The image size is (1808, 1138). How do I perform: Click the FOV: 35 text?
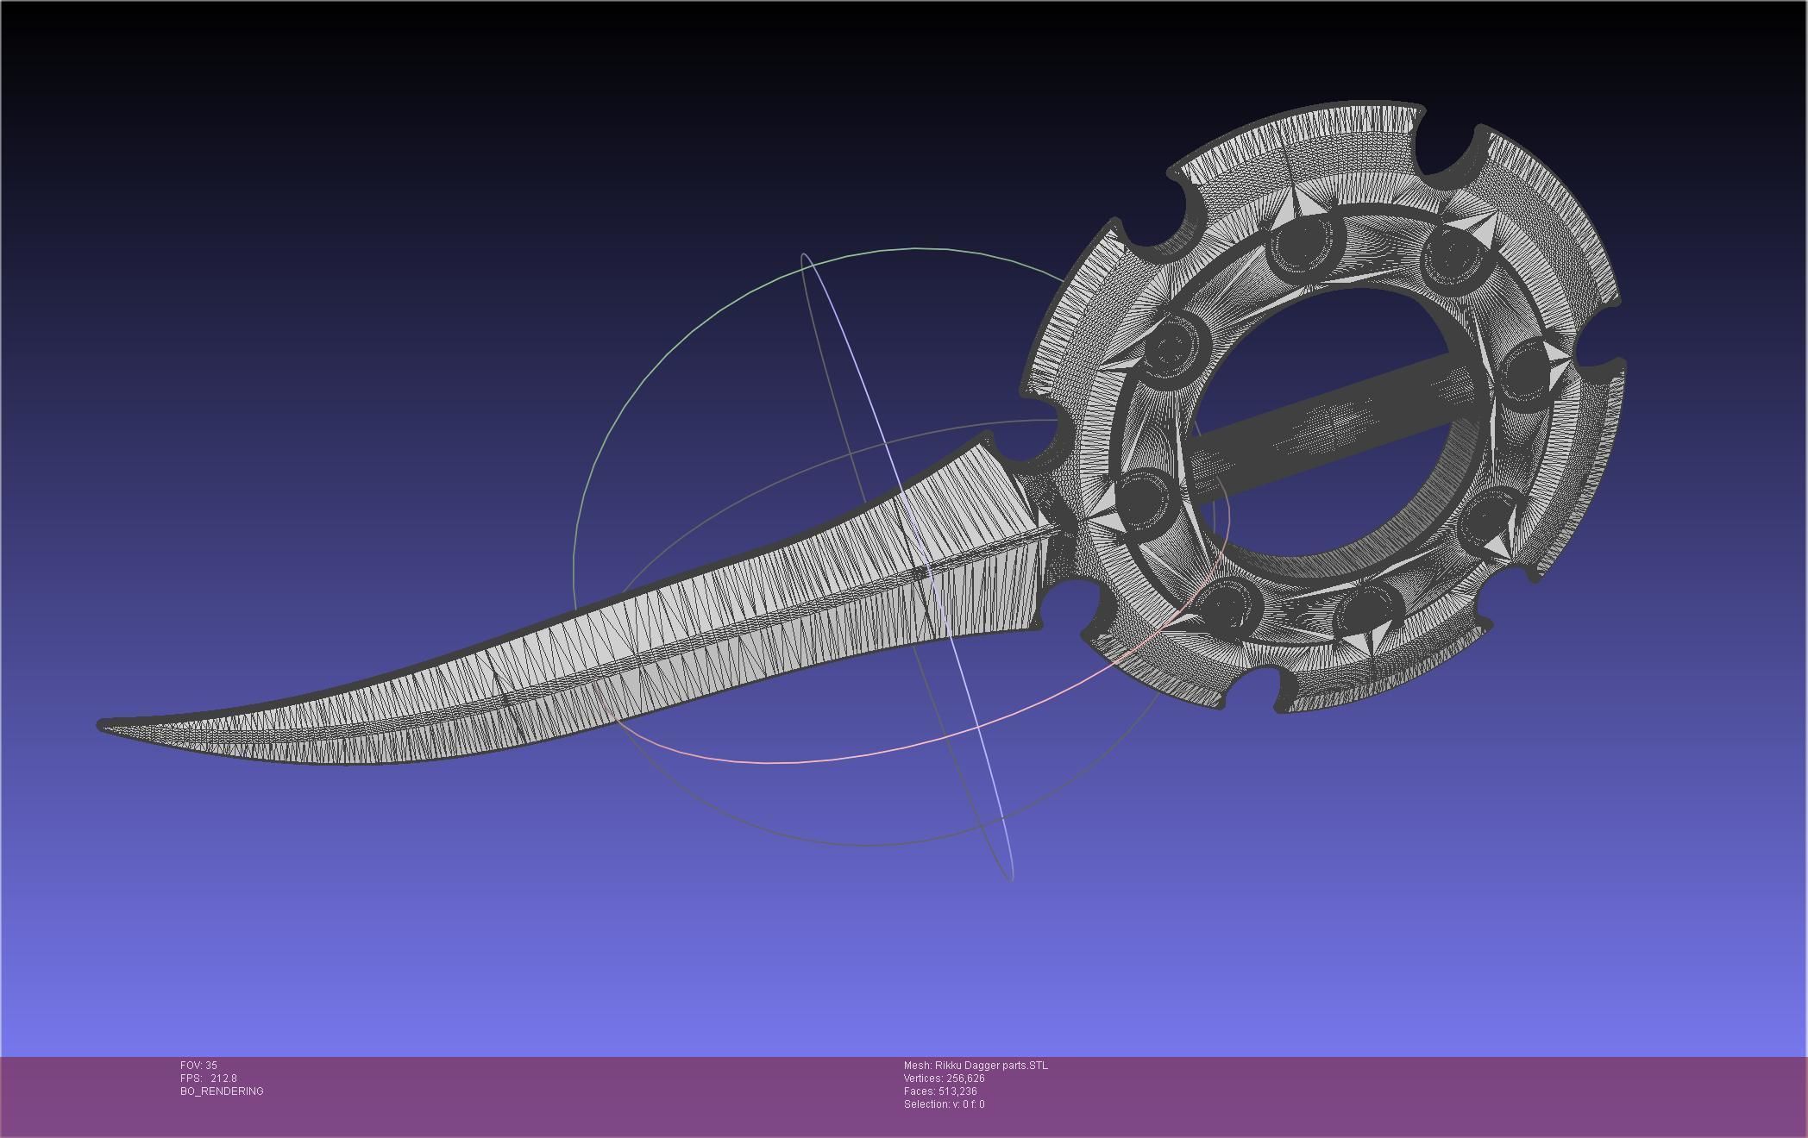click(x=198, y=1066)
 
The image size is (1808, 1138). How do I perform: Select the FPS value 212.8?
click(x=223, y=1079)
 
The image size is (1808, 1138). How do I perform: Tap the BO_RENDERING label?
click(x=222, y=1091)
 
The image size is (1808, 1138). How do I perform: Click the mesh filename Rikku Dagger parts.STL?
click(x=991, y=1066)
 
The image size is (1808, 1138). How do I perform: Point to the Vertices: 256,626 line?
click(x=944, y=1079)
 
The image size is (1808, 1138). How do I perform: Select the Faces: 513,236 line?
click(x=940, y=1091)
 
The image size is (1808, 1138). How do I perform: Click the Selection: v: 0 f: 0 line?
click(x=944, y=1104)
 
